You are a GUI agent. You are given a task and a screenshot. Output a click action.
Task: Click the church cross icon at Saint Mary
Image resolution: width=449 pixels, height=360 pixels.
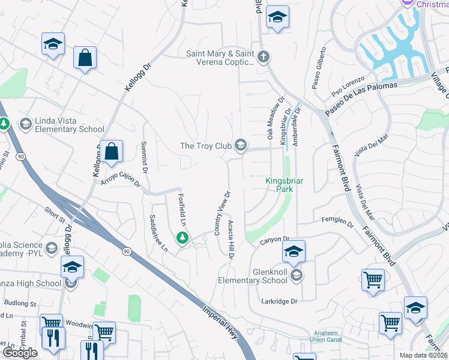point(263,58)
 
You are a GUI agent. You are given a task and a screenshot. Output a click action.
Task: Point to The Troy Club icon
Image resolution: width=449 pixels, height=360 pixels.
point(241,145)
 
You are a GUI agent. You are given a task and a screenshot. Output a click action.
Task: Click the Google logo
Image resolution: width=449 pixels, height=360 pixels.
point(20,353)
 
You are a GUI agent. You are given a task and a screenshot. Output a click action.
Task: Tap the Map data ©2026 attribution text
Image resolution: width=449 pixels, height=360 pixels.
point(424,355)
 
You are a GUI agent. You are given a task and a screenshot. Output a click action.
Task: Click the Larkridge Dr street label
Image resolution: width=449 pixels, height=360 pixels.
point(279,301)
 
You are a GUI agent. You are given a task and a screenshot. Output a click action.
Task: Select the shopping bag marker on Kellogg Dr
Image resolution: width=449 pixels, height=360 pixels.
point(112,152)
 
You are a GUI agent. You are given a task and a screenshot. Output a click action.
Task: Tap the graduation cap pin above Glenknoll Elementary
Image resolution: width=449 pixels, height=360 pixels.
point(294,251)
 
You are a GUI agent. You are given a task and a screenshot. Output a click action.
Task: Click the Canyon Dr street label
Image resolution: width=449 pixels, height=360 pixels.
point(275,239)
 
